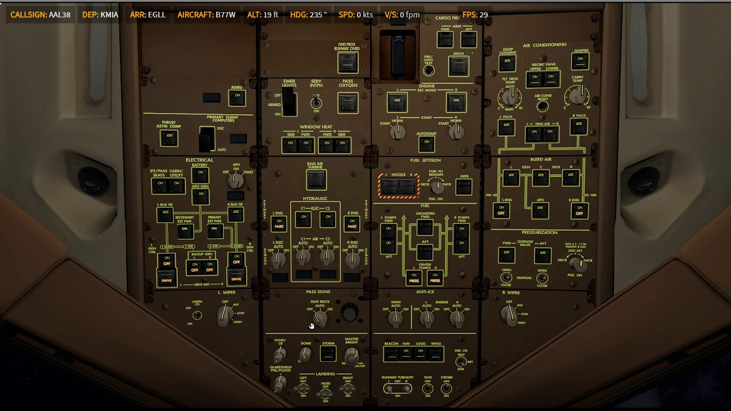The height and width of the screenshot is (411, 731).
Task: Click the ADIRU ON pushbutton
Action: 236,98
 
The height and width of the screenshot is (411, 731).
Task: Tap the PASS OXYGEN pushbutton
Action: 347,103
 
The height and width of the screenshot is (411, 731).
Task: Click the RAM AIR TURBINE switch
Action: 315,180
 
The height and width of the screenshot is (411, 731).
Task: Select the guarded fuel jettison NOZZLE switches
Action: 399,186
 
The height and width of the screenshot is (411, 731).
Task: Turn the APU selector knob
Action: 235,180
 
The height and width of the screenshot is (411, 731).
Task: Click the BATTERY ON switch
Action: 200,174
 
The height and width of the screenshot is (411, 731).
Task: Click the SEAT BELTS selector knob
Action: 320,319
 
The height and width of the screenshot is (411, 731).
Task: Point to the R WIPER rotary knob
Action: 508,313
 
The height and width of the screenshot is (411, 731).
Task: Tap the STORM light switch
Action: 328,354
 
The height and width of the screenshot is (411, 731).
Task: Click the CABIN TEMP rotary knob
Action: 578,96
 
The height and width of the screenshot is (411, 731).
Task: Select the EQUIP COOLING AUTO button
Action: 507,63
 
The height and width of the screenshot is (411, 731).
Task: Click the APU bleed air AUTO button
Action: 540,211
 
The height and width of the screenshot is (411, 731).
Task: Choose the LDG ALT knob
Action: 578,264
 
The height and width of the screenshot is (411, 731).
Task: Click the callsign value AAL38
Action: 60,14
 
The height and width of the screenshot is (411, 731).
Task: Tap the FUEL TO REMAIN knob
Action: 437,186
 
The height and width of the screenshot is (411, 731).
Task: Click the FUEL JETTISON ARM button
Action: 464,187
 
